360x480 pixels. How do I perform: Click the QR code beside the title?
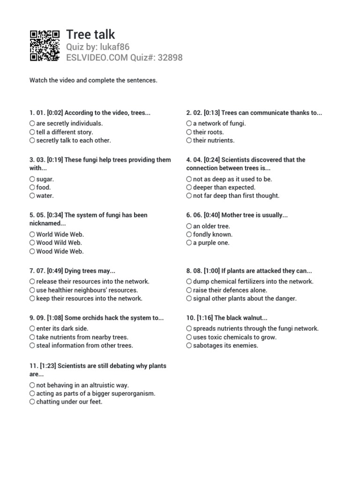pyautogui.click(x=45, y=45)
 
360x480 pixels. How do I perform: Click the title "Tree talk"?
pyautogui.click(x=90, y=34)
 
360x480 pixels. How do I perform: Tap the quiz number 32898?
pyautogui.click(x=170, y=58)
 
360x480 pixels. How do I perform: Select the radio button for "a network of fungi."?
pyautogui.click(x=189, y=123)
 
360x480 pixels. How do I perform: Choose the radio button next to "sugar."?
pyautogui.click(x=32, y=179)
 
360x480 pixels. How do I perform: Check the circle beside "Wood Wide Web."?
pyautogui.click(x=32, y=251)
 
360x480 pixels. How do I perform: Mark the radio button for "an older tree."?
pyautogui.click(x=189, y=226)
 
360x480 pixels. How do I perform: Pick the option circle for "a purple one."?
pyautogui.click(x=189, y=243)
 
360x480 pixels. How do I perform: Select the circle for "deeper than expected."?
pyautogui.click(x=189, y=187)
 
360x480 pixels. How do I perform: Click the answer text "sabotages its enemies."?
pyautogui.click(x=225, y=345)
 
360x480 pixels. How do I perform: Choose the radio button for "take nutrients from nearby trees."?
pyautogui.click(x=32, y=337)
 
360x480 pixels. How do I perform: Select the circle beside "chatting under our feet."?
pyautogui.click(x=32, y=402)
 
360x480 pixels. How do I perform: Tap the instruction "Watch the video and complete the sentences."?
pyautogui.click(x=93, y=81)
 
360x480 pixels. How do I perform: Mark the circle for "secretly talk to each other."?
pyautogui.click(x=32, y=140)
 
